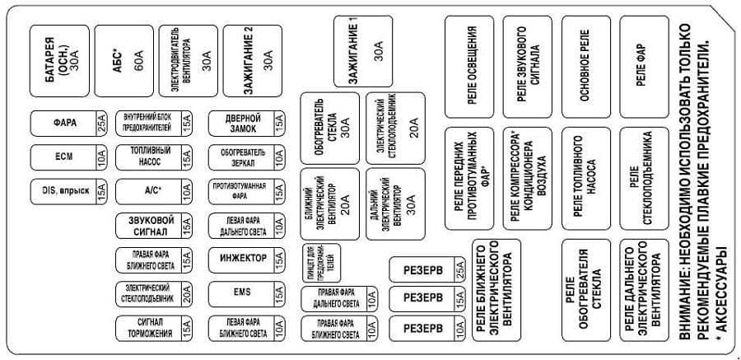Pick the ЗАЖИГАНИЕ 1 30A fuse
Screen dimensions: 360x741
pyautogui.click(x=363, y=50)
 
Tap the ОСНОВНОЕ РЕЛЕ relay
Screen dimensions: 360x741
pyautogui.click(x=585, y=66)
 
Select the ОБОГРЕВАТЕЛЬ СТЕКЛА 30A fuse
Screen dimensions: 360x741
pyautogui.click(x=329, y=128)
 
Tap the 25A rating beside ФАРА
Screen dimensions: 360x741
pyautogui.click(x=101, y=124)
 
